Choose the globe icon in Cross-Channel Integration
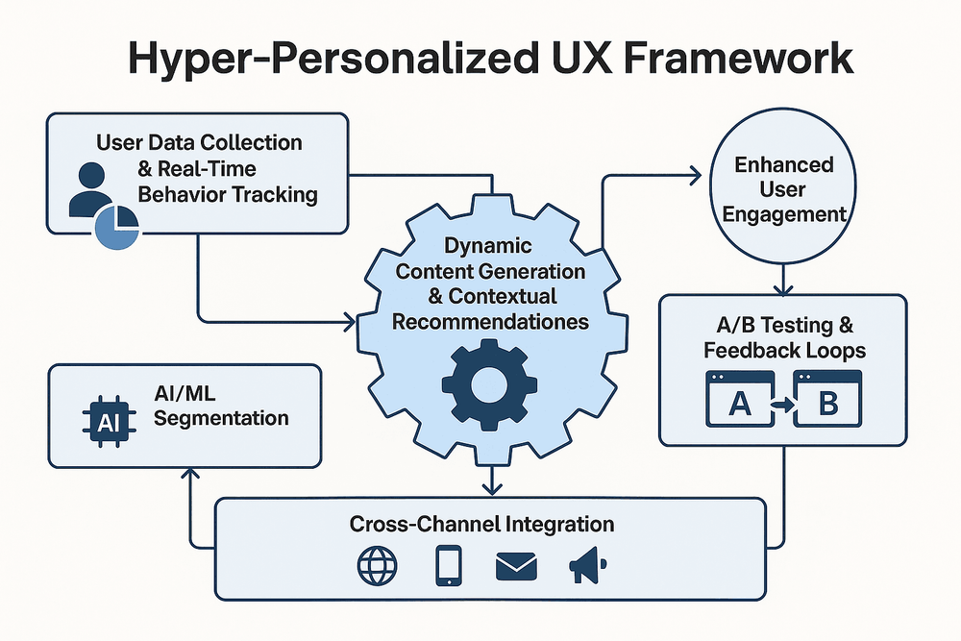pos(377,567)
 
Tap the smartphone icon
pos(449,567)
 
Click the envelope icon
pos(516,567)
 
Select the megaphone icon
pos(586,567)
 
